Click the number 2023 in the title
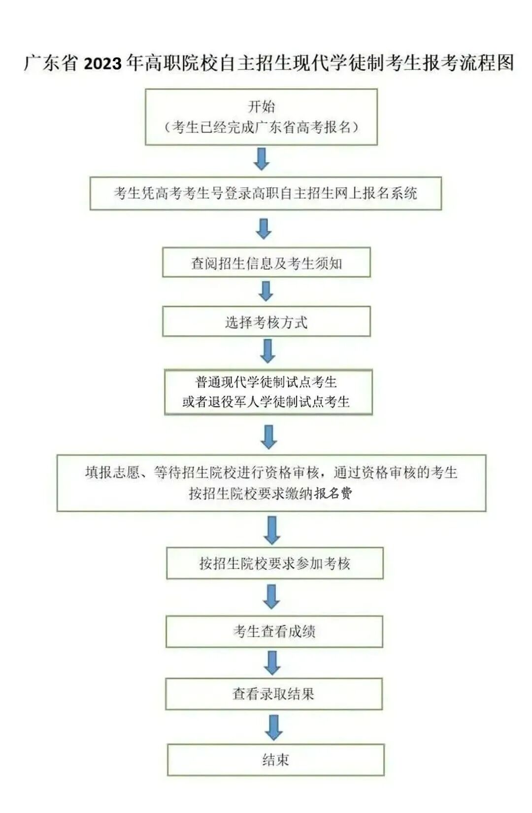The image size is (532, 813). point(102,64)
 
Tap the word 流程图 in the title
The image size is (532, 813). point(486,63)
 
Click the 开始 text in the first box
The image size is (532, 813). point(261,106)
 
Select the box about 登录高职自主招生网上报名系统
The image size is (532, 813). point(266,193)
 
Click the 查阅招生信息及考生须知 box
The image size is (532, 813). point(266,263)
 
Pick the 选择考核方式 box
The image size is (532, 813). point(266,322)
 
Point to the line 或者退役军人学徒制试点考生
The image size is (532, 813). point(266,402)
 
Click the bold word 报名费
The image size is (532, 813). point(333,493)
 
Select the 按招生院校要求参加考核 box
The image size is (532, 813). point(275,563)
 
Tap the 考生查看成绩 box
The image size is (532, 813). point(274,631)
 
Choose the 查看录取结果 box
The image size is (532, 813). point(274,694)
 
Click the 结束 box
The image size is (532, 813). point(275,759)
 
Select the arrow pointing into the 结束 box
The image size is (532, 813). point(274,727)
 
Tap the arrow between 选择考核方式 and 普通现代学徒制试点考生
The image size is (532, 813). point(267,351)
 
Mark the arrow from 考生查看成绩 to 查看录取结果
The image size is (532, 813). point(272,663)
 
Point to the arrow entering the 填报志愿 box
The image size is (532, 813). point(268,437)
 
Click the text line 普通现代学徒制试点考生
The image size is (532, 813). point(266,382)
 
